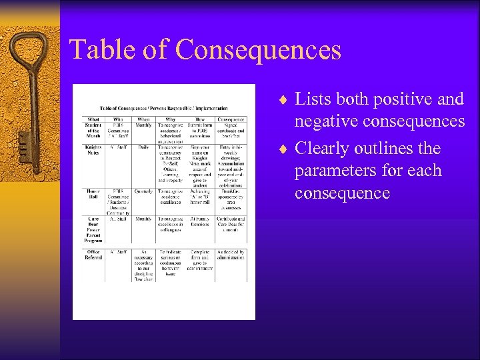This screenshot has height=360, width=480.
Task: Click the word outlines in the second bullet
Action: click(x=382, y=147)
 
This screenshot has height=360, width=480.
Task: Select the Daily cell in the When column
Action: click(x=143, y=147)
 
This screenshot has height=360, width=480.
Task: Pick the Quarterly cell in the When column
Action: click(x=143, y=191)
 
